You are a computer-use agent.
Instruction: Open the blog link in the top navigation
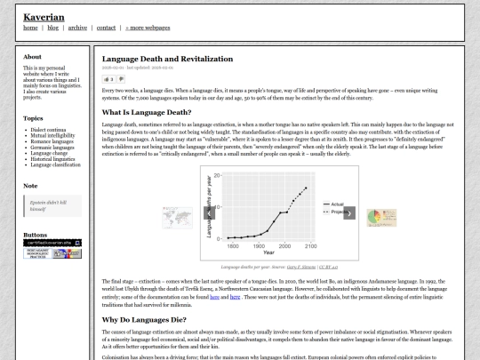coord(52,28)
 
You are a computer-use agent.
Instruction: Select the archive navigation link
coord(77,28)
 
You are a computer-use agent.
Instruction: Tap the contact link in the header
coord(106,28)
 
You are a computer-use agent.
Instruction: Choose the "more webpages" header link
coord(149,28)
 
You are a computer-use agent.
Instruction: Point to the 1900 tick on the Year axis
coord(261,244)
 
